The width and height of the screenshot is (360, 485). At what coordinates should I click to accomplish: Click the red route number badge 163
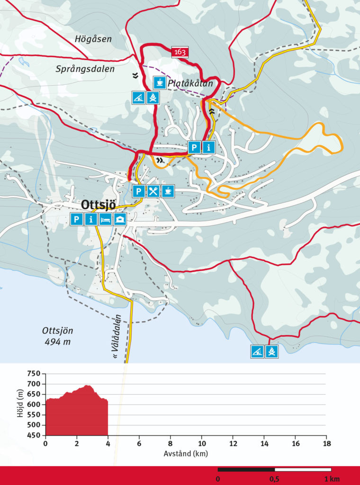(x=180, y=52)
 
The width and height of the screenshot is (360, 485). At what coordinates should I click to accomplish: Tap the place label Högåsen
(x=93, y=39)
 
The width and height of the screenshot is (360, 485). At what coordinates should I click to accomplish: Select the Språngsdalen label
(x=85, y=69)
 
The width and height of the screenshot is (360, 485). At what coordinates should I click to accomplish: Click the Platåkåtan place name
(x=190, y=83)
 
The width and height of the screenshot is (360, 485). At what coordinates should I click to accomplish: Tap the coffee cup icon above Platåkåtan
(x=160, y=82)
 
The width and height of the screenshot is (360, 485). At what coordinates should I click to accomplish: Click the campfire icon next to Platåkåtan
(x=153, y=98)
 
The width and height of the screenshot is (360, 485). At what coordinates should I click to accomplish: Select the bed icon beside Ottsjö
(x=106, y=219)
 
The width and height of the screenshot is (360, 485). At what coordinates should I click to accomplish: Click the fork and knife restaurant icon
(x=153, y=191)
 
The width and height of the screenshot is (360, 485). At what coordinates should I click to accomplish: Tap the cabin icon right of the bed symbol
(x=121, y=219)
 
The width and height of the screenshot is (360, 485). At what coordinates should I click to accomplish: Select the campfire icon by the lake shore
(x=272, y=351)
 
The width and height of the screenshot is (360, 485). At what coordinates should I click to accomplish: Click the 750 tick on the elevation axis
(x=34, y=374)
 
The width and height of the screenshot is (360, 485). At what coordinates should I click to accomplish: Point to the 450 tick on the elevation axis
(x=34, y=436)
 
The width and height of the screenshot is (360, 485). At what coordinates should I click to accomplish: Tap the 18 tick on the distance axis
(x=326, y=444)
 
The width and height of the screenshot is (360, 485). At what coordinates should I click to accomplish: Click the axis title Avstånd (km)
(x=186, y=454)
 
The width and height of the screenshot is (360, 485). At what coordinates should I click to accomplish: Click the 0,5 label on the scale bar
(x=275, y=479)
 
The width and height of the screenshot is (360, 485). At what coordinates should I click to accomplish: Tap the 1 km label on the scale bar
(x=332, y=479)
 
